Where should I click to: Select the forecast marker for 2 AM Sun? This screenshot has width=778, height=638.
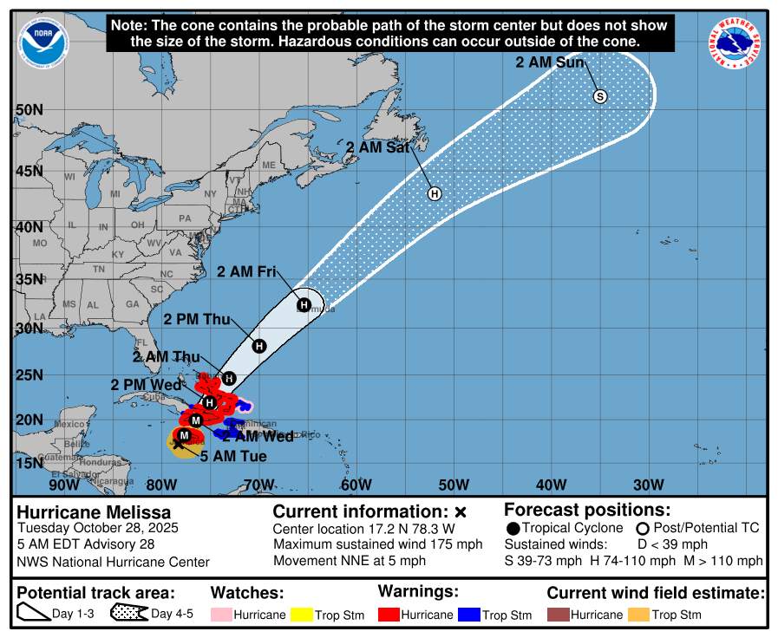(x=599, y=96)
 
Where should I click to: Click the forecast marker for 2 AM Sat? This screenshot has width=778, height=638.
(x=435, y=193)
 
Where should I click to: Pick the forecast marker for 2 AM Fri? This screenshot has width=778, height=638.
(x=304, y=304)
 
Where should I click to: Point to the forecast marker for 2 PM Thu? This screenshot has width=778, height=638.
(x=258, y=346)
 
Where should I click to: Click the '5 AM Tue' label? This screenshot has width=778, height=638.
(x=233, y=456)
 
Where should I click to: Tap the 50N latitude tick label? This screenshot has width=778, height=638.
(x=29, y=110)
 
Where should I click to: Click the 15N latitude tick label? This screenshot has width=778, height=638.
(x=29, y=463)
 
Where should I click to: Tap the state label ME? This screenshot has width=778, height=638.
(x=268, y=165)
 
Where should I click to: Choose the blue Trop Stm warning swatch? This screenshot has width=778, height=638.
(x=469, y=615)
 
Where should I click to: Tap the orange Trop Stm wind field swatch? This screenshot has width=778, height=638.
(x=638, y=615)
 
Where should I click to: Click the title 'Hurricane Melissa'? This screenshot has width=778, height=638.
(x=94, y=512)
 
